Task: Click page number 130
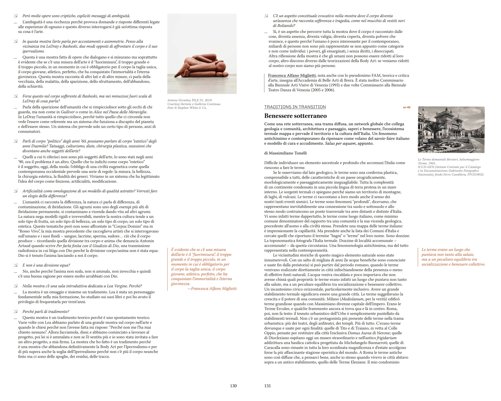(x=233, y=386)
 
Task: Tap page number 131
(x=267, y=386)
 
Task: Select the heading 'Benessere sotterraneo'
(x=295, y=116)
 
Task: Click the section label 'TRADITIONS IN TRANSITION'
(x=295, y=107)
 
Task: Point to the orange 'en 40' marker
(x=407, y=107)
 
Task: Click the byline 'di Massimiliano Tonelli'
(x=285, y=153)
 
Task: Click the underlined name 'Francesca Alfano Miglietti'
(x=292, y=75)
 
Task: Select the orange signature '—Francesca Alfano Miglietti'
(x=212, y=288)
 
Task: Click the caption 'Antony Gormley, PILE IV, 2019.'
(x=190, y=100)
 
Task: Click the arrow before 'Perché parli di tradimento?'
(x=16, y=311)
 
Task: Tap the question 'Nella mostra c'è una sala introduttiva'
(x=82, y=286)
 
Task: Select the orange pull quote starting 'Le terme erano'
(x=453, y=257)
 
